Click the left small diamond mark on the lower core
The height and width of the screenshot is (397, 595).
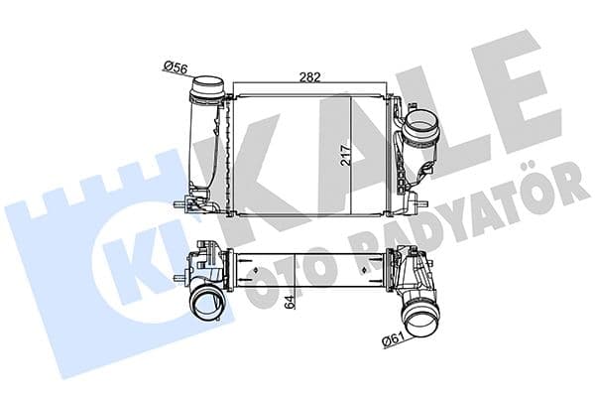[x=256, y=268]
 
